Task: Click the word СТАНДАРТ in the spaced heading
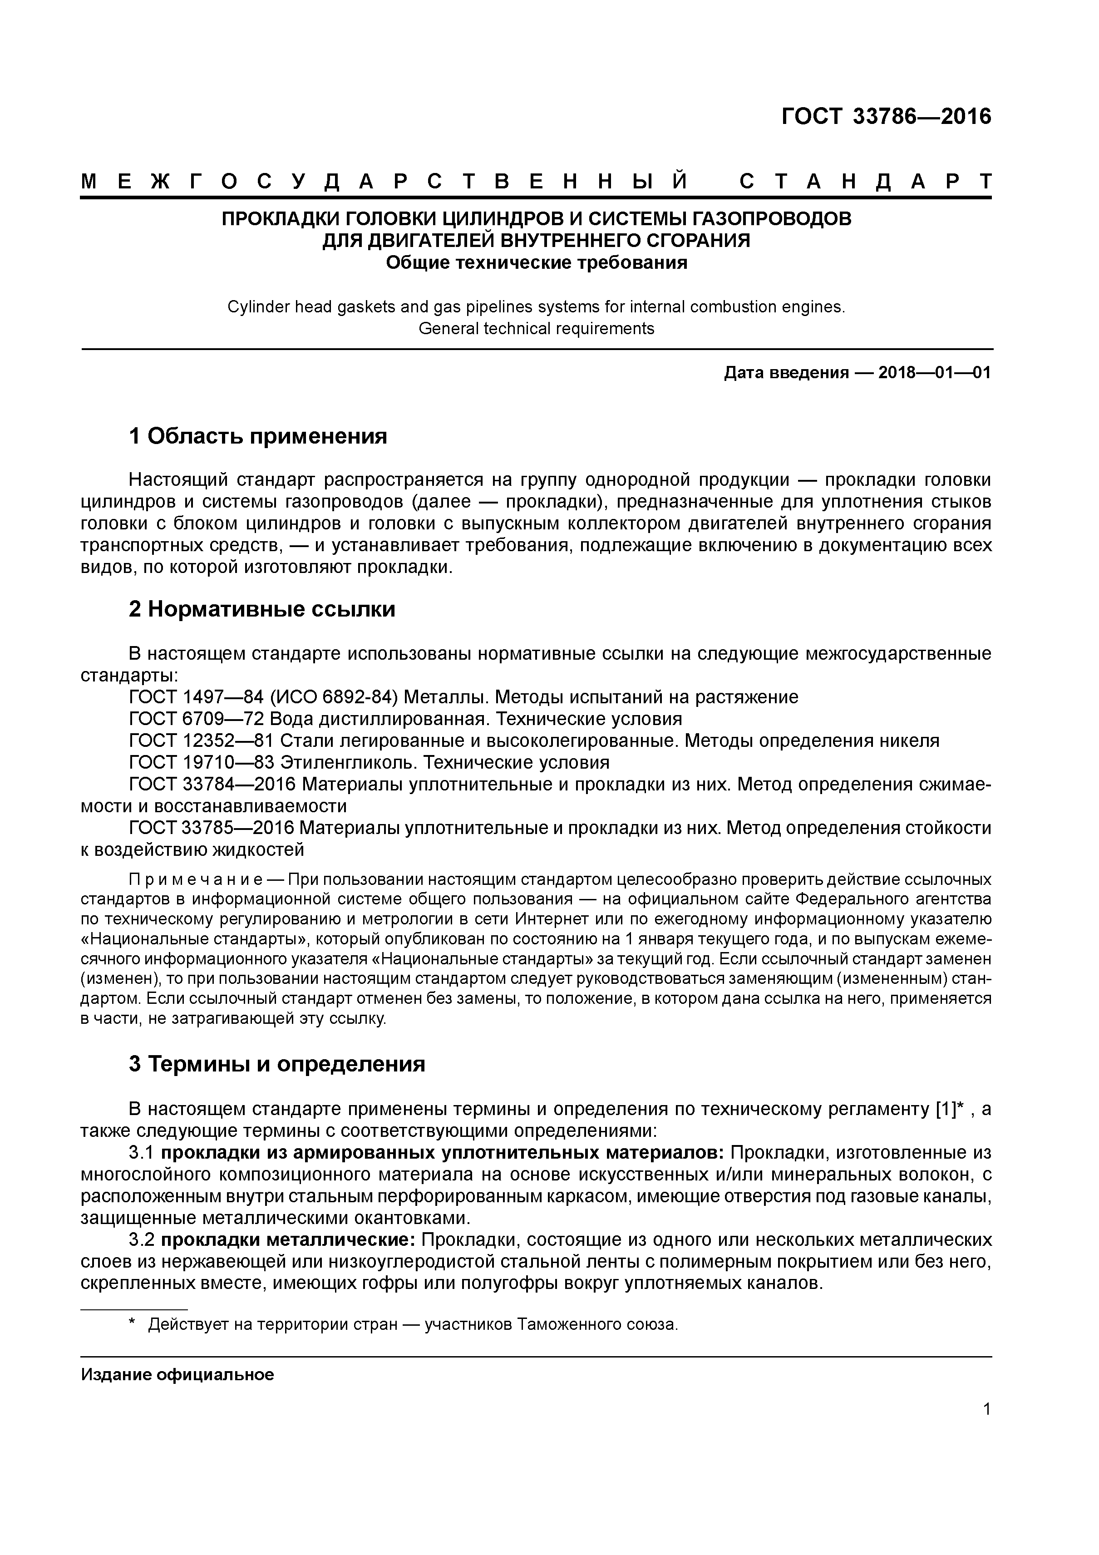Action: pyautogui.click(x=865, y=182)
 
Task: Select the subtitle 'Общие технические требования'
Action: pyautogui.click(x=536, y=263)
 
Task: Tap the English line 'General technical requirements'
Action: pyautogui.click(x=536, y=329)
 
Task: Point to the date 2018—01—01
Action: pyautogui.click(x=935, y=372)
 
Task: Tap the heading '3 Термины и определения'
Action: pyautogui.click(x=277, y=1065)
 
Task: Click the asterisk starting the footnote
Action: pyautogui.click(x=133, y=1324)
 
